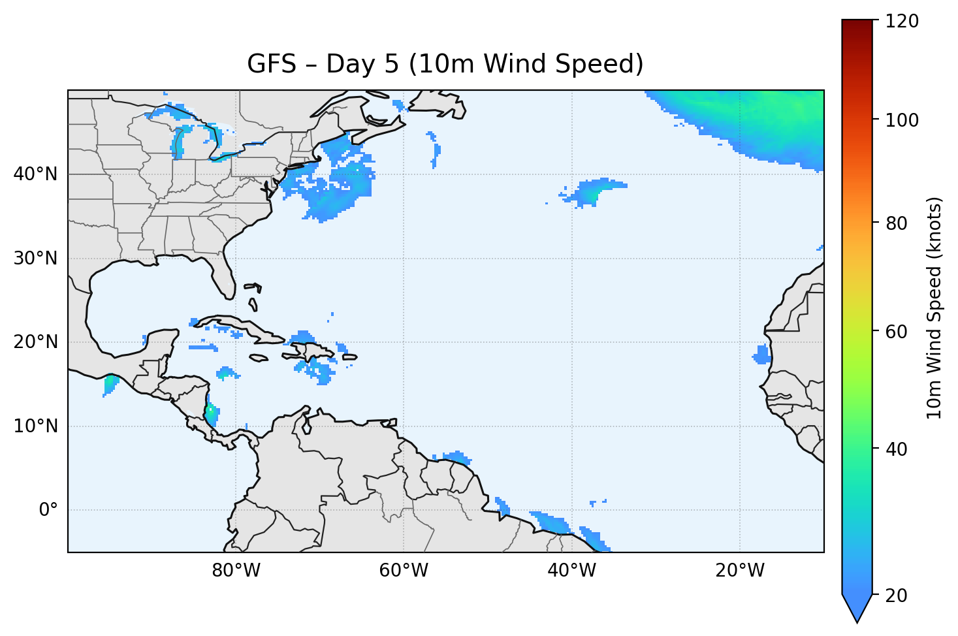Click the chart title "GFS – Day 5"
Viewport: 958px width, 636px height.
pos(445,65)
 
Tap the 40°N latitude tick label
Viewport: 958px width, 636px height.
pos(35,174)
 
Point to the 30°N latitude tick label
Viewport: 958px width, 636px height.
pos(35,259)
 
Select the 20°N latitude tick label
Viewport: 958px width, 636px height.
pos(35,342)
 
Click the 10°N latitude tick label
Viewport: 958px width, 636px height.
pos(35,426)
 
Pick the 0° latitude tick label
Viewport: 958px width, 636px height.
pos(48,510)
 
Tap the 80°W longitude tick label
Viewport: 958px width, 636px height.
pos(236,571)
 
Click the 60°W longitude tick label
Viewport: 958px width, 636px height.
pos(404,571)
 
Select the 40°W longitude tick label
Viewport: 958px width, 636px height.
pos(571,571)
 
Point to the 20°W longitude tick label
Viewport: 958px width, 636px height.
pos(739,571)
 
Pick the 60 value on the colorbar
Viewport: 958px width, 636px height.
pos(899,332)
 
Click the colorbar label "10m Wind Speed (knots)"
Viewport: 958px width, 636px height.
pos(934,308)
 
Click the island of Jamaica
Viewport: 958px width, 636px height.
pos(259,358)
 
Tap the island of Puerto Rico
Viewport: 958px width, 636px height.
pos(350,357)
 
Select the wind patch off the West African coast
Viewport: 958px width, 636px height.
pos(761,355)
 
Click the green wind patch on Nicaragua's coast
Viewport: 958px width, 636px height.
pos(210,413)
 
